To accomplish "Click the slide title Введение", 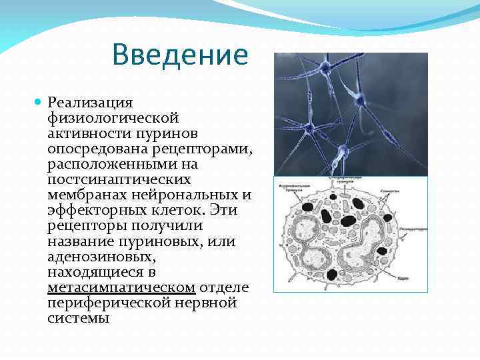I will pos(180,55).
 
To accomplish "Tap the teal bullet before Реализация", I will pos(38,103).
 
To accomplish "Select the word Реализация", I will pos(91,103).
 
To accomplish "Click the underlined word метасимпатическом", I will pos(121,287).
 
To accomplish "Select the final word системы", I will pos(78,318).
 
